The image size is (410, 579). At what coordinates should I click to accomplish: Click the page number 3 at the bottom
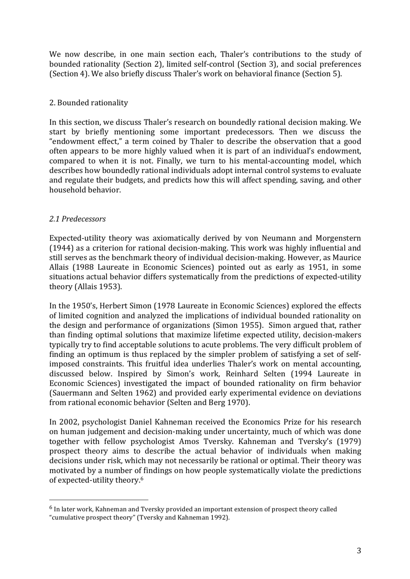[359, 551]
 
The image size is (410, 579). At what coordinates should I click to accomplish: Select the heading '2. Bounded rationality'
[88, 103]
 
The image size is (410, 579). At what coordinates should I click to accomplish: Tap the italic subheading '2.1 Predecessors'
[77, 219]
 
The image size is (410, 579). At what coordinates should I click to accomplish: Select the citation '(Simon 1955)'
[237, 325]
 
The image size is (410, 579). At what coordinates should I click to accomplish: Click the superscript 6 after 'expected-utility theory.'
[142, 478]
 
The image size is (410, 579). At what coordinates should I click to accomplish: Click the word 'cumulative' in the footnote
[69, 517]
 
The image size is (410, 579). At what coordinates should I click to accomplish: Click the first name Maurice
[346, 258]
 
